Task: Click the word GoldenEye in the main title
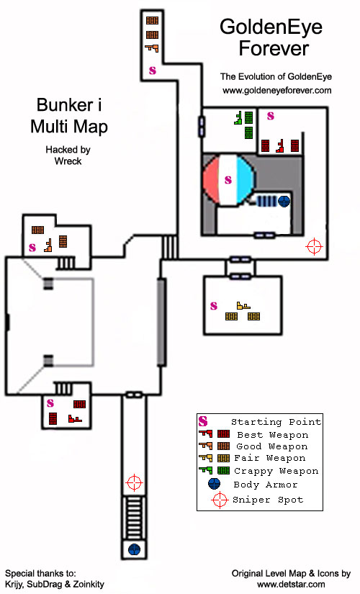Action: coord(271,27)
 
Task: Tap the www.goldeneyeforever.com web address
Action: coord(277,91)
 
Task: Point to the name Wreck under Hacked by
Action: coord(68,161)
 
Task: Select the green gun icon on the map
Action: coord(238,118)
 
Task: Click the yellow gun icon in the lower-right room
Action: coord(243,305)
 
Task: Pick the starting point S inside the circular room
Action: coord(228,179)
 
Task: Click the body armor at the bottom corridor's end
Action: coord(135,549)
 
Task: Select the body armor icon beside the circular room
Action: coord(284,201)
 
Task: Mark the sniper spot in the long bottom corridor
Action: coord(134,482)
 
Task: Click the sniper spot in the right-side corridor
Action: coord(314,247)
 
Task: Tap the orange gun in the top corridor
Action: coord(152,48)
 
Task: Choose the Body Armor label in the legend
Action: coord(266,485)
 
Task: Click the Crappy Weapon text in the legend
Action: coord(276,472)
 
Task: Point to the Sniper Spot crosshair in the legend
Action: coord(220,500)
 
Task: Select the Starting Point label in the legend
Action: coord(276,422)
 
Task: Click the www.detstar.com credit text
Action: coord(291,585)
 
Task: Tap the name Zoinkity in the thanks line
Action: coord(89,585)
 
